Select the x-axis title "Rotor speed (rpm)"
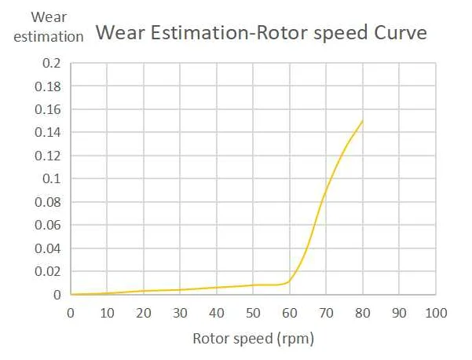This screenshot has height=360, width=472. click(254, 340)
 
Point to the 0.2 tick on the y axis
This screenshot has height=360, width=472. click(51, 63)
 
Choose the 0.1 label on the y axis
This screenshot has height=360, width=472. click(51, 178)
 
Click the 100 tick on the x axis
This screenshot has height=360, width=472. click(436, 312)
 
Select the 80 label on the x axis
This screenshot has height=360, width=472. click(363, 312)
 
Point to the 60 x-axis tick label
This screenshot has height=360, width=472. click(290, 312)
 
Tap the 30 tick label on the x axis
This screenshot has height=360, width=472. click(180, 312)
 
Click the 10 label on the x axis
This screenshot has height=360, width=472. click(107, 312)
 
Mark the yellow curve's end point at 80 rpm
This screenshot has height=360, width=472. click(363, 120)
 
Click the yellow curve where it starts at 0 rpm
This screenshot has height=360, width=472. click(71, 294)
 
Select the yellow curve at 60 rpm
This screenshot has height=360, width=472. click(290, 281)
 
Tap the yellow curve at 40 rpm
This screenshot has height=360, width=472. click(217, 288)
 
